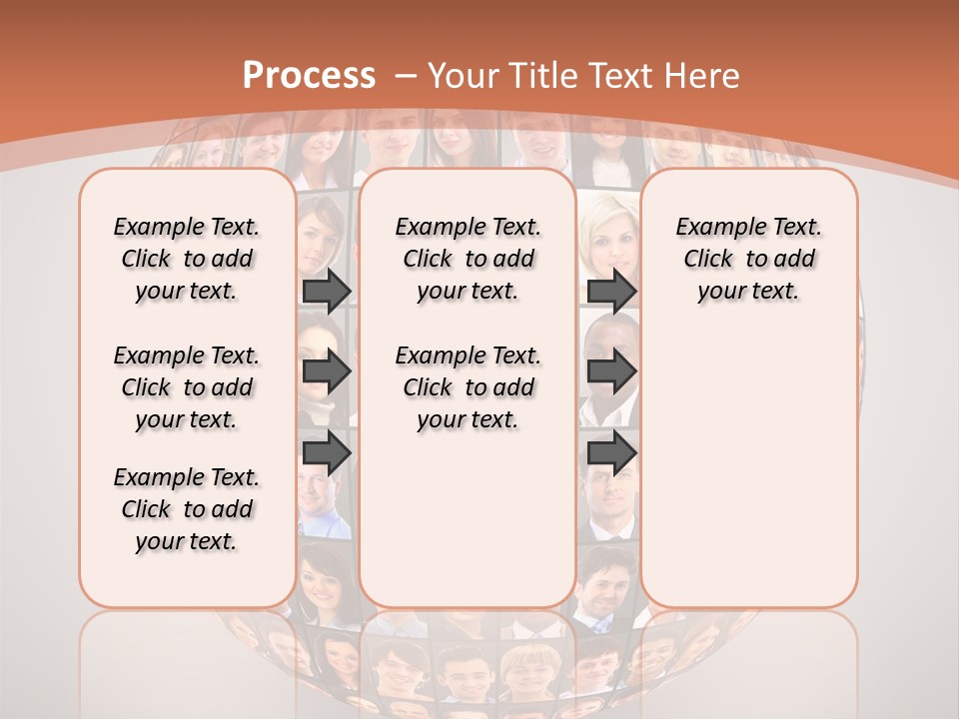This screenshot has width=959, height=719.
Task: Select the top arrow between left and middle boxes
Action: [x=327, y=291]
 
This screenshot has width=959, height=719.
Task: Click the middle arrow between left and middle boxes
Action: [x=327, y=371]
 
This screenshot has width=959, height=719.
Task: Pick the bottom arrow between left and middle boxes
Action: [x=327, y=453]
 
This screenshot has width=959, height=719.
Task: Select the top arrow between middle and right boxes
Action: [x=611, y=291]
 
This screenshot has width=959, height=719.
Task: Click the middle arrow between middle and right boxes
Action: [x=611, y=371]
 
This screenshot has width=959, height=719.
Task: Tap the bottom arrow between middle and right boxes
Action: [x=611, y=453]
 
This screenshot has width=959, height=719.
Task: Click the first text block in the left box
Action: [x=187, y=259]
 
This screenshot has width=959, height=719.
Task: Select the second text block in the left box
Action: [x=187, y=387]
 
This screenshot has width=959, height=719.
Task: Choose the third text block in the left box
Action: [x=187, y=509]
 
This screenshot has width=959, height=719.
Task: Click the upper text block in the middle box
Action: [x=468, y=259]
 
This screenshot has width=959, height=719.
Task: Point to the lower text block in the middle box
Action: [x=468, y=387]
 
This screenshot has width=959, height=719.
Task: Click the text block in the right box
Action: [x=749, y=259]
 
